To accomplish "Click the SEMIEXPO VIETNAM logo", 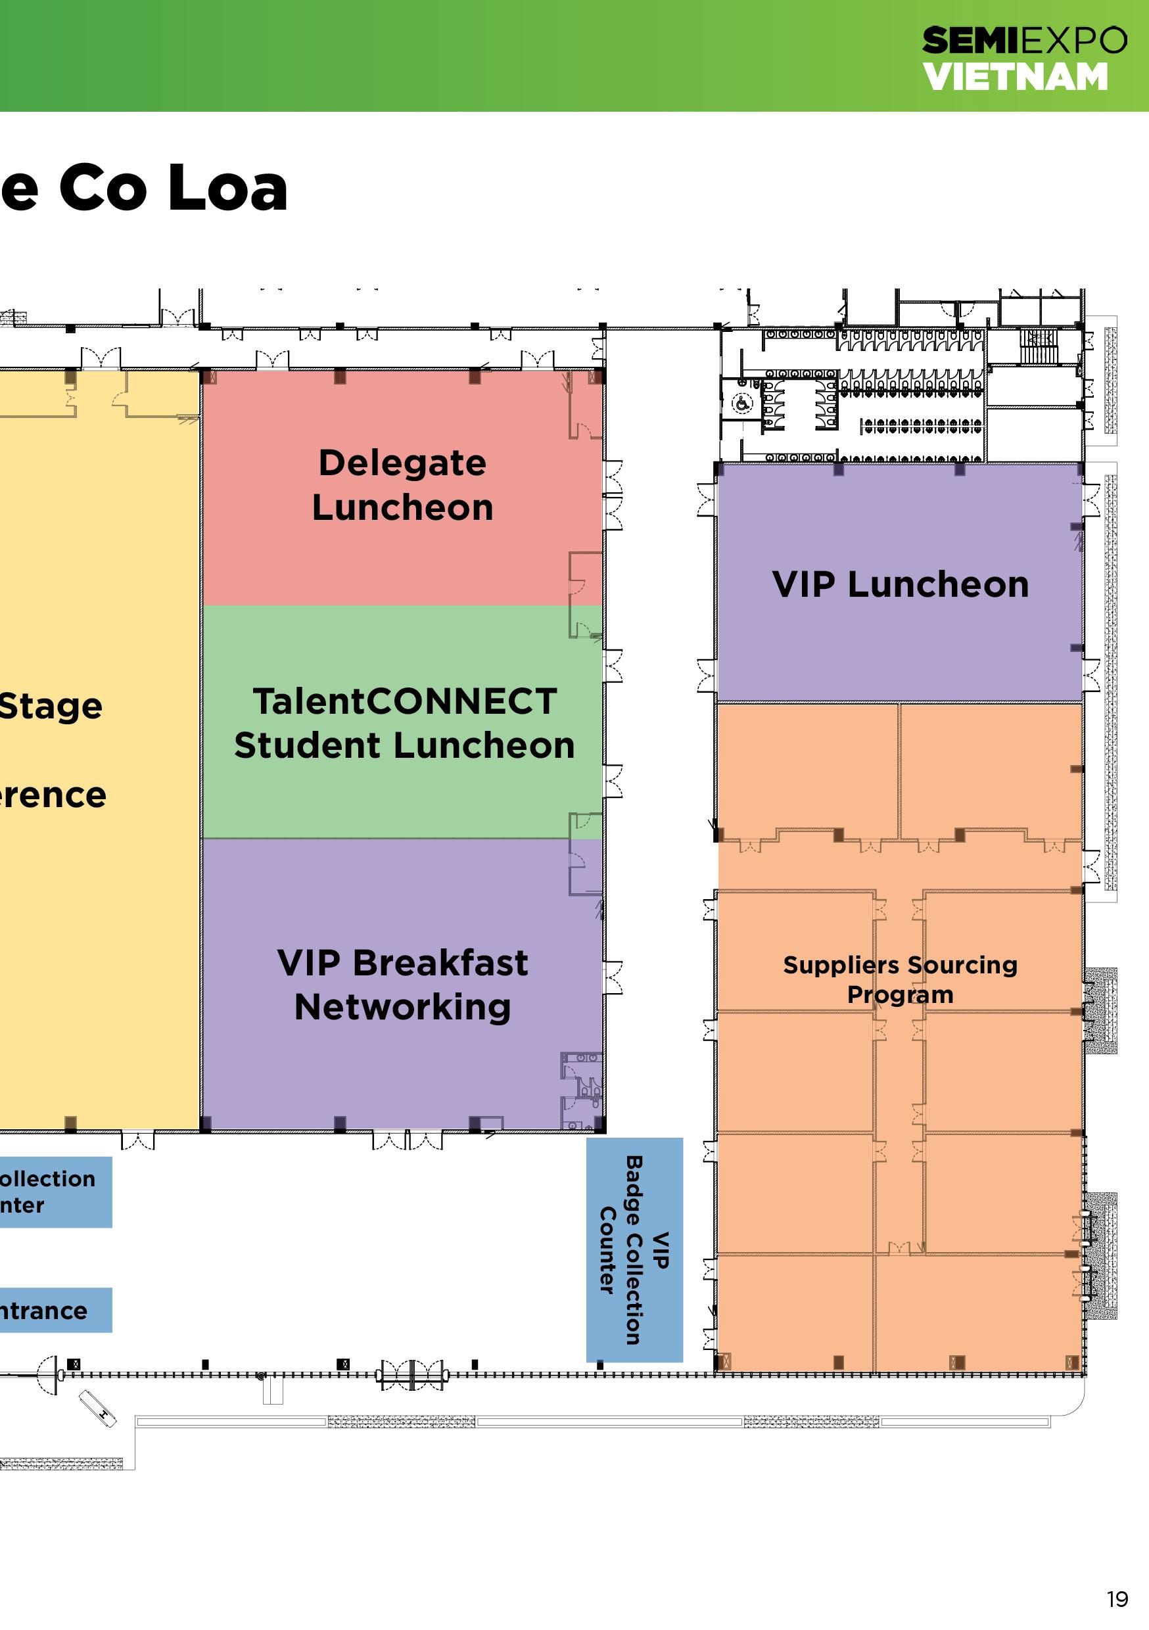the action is [1023, 58].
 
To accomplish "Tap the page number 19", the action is [1117, 1598].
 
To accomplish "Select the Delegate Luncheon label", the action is [403, 485].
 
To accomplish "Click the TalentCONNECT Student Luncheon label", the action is [404, 723].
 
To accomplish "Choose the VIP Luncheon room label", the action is [900, 584].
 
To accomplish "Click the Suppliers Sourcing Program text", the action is [900, 979].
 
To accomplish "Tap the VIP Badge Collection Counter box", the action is [634, 1249].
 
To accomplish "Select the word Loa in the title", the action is [228, 187].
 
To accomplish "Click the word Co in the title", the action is [103, 187].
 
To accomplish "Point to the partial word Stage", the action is [51, 707].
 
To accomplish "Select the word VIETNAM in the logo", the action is [1015, 77].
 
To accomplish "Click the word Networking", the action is [403, 1007].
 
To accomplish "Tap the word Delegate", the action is [403, 463].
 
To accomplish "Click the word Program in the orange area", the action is [900, 994].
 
